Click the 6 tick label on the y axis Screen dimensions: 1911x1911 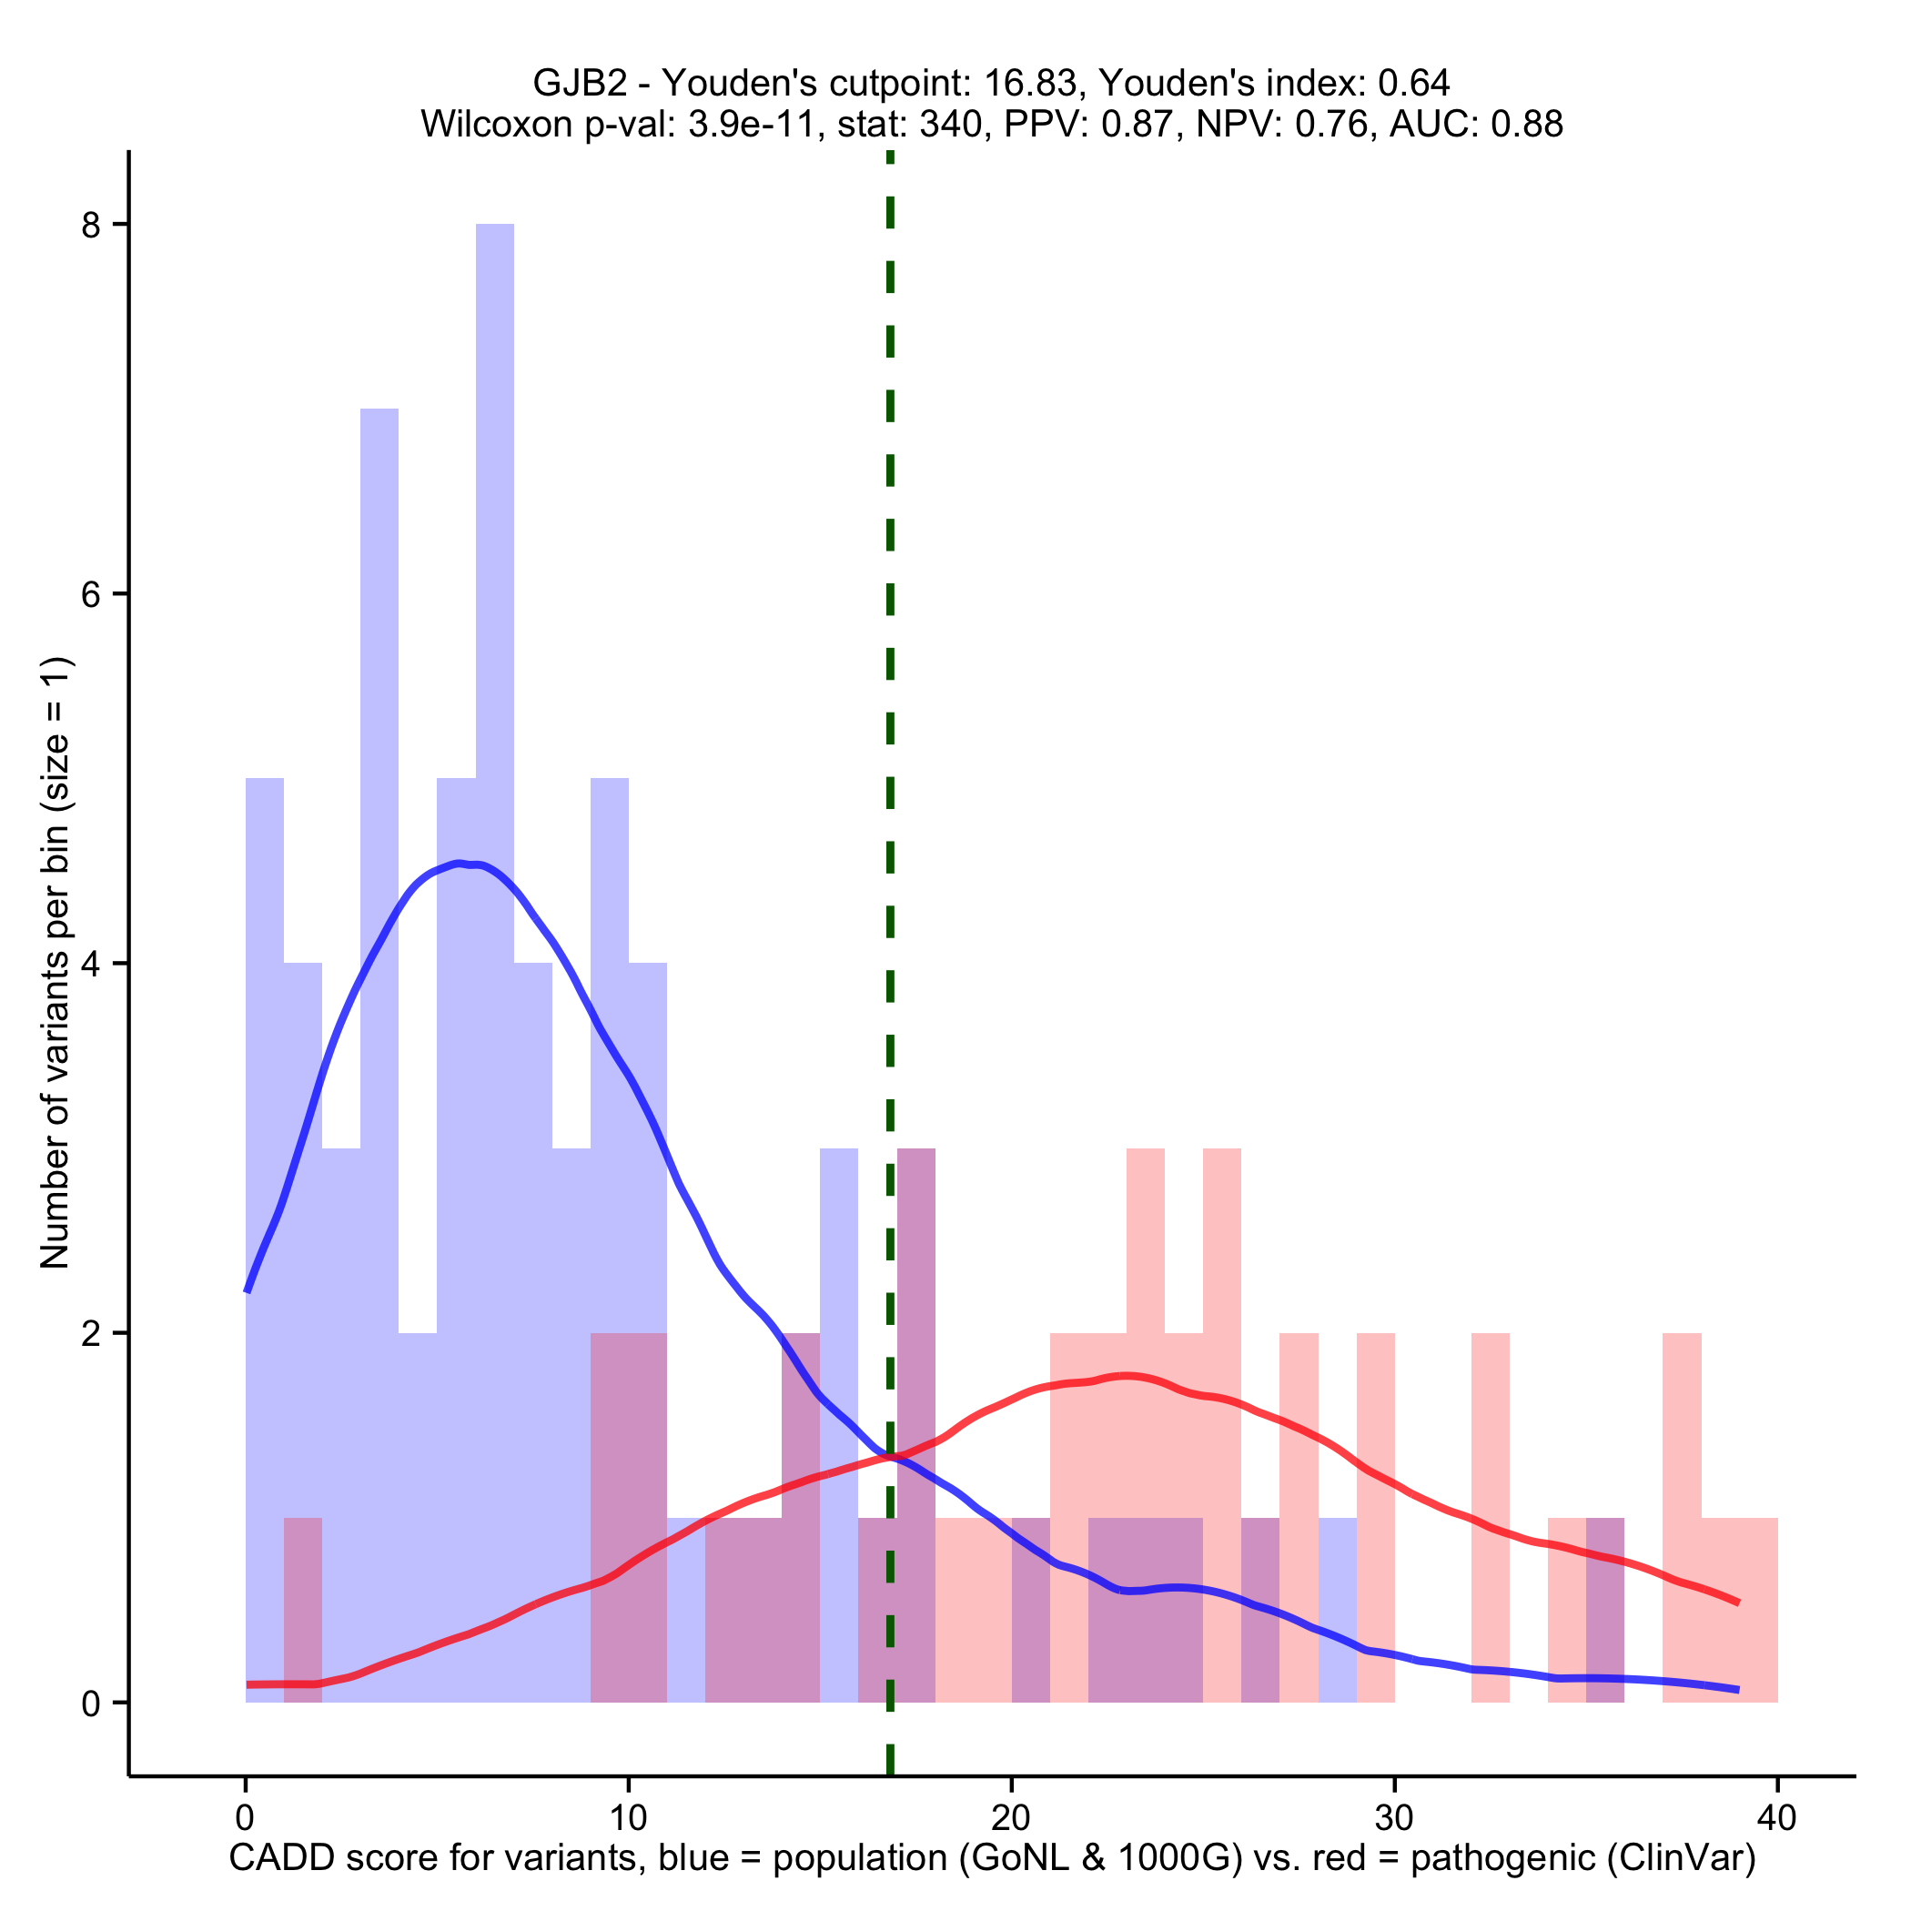pyautogui.click(x=92, y=594)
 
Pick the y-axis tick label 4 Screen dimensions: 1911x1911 pyautogui.click(x=92, y=965)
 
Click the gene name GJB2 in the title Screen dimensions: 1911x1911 pyautogui.click(x=580, y=82)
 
